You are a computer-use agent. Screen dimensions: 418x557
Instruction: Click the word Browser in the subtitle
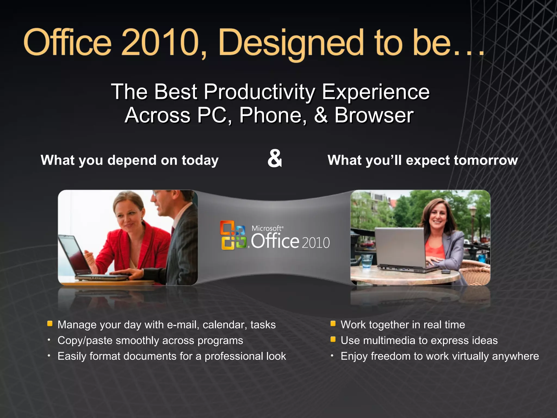point(374,115)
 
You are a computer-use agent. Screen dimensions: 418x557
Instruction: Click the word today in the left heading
point(200,160)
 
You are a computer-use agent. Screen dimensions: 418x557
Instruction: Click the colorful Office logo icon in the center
point(233,235)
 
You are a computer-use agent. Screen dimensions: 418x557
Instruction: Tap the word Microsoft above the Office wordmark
point(266,228)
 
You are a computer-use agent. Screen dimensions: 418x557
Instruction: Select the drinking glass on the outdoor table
point(367,261)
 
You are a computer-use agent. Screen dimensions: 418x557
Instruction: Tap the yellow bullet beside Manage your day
point(50,324)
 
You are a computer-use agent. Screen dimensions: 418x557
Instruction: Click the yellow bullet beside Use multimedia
point(333,339)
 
